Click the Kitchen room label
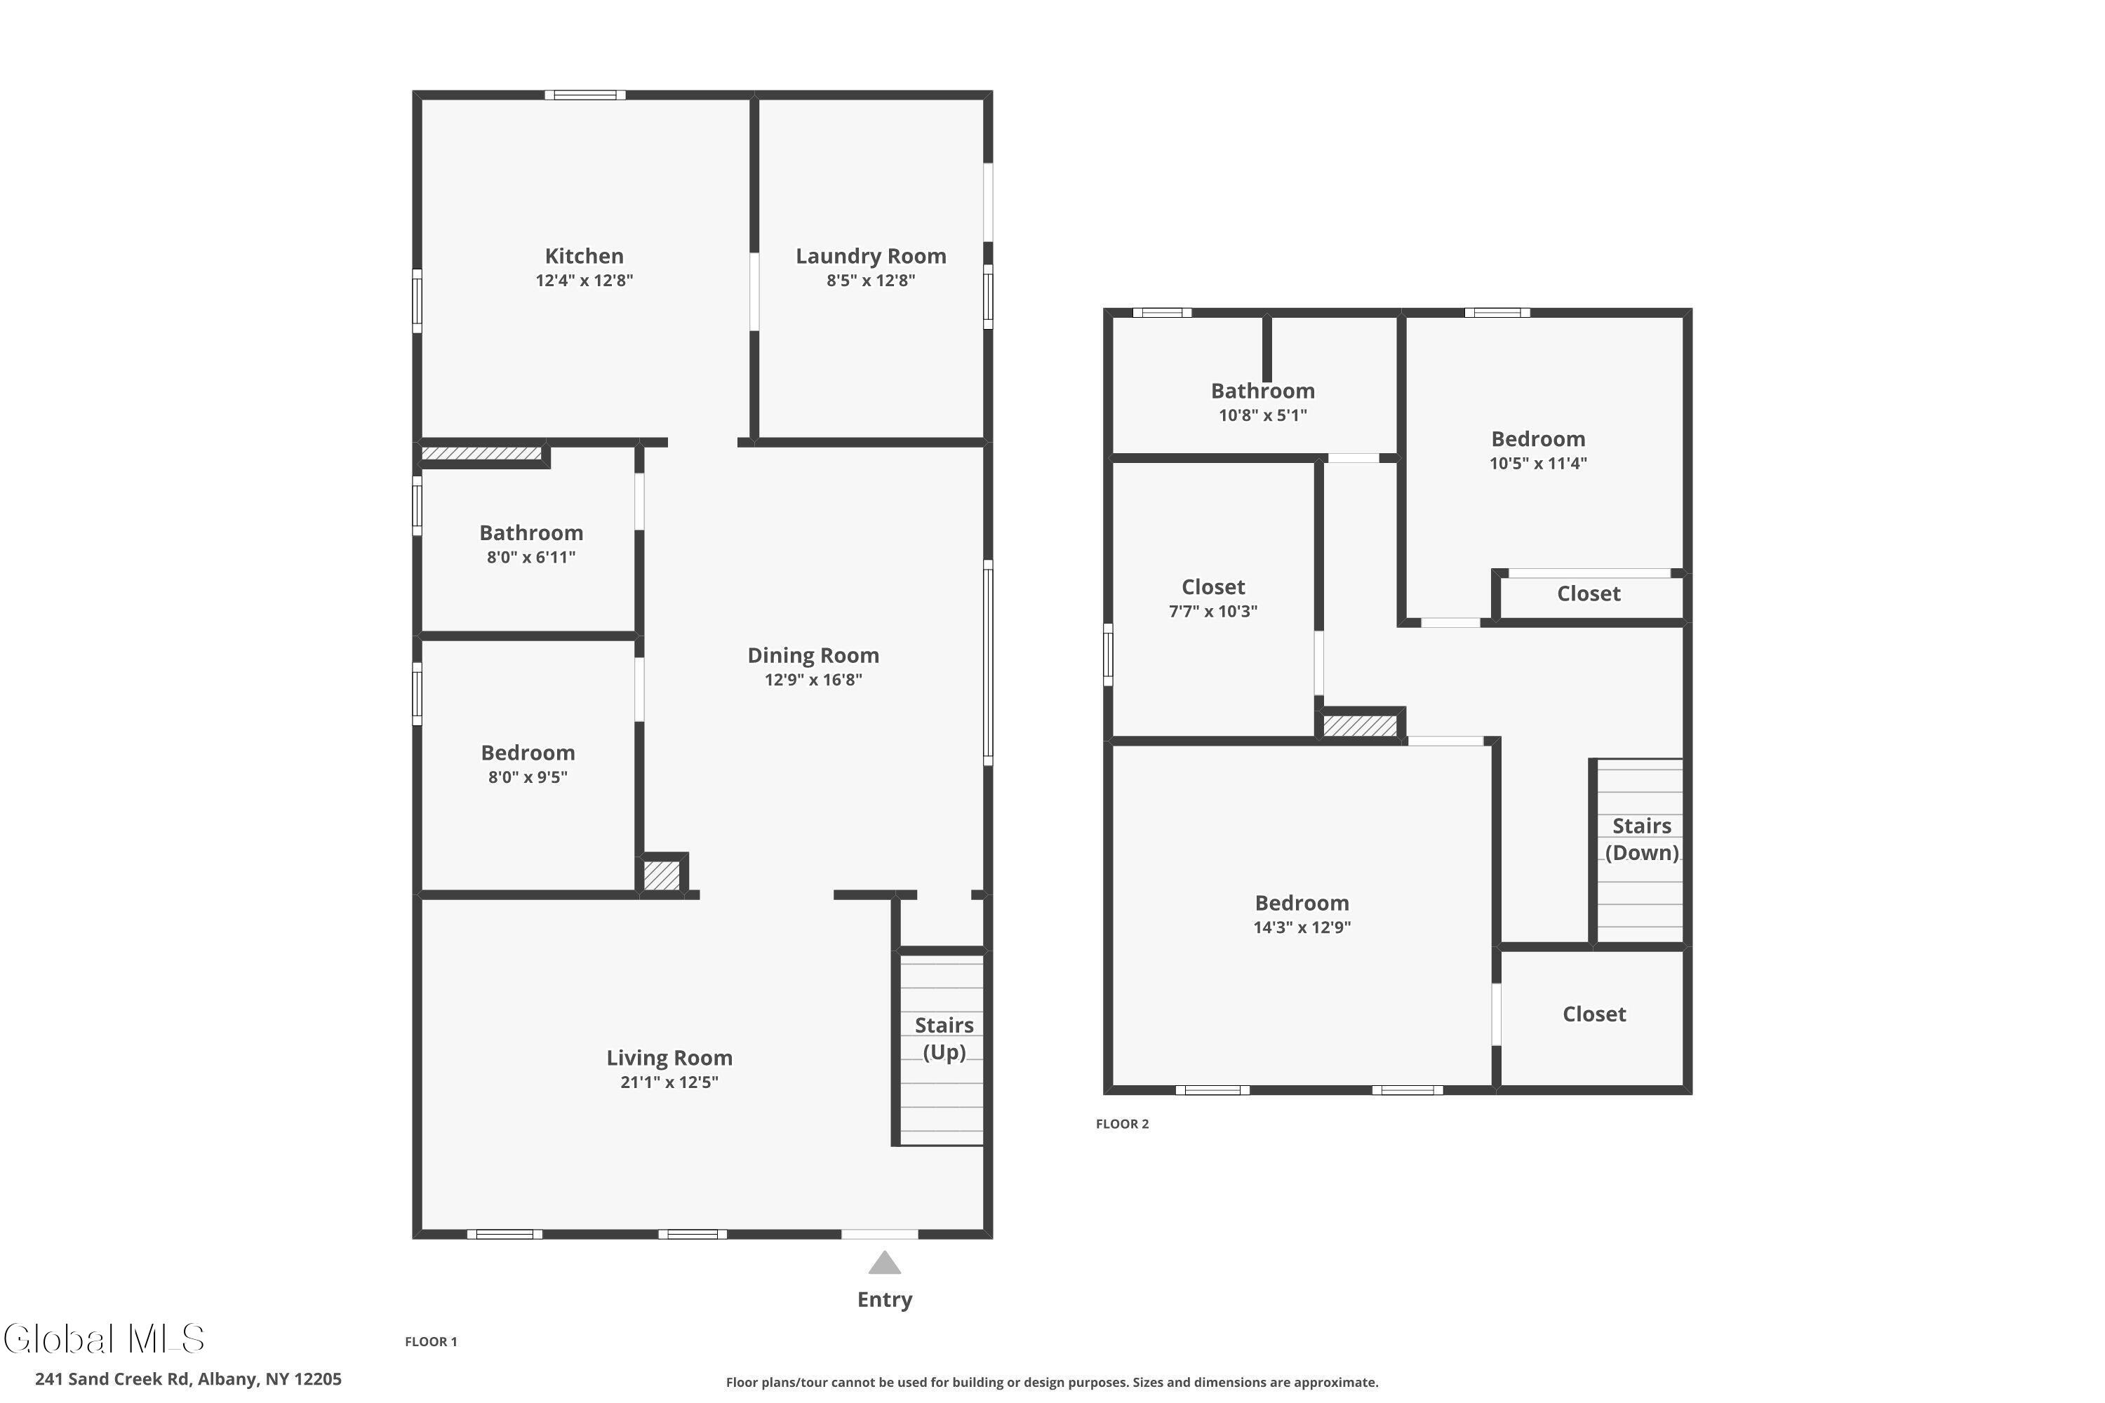point(584,256)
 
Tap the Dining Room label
point(813,656)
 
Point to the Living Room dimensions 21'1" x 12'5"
point(669,1082)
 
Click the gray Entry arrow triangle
point(884,1263)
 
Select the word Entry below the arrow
point(884,1300)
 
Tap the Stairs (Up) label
point(943,1038)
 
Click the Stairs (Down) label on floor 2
point(1641,839)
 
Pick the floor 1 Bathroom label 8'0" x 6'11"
point(530,533)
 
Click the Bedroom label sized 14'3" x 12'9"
point(1302,904)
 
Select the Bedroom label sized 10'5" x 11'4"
point(1537,439)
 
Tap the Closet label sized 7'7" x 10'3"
point(1212,588)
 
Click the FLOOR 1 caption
point(431,1341)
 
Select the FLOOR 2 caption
point(1121,1124)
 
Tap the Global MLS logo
point(104,1338)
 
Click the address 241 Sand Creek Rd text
point(188,1379)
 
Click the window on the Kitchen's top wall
point(584,95)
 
